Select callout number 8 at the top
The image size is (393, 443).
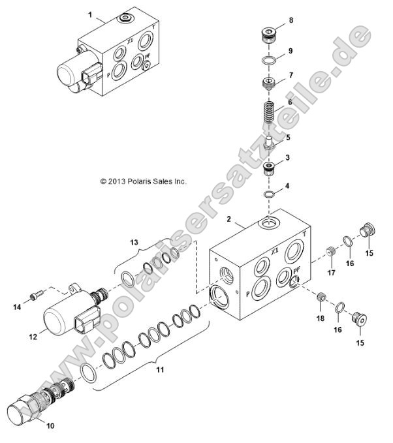point(291,21)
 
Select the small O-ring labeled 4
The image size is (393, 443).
point(267,196)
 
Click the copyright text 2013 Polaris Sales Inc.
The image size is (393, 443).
point(143,181)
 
